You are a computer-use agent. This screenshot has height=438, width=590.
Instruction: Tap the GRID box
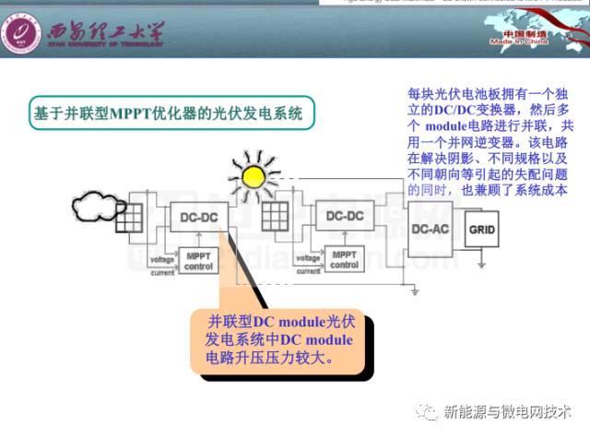tap(486, 228)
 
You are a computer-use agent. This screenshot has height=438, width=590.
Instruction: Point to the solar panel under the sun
tap(275, 218)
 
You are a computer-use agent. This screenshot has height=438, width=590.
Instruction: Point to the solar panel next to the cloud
tap(129, 218)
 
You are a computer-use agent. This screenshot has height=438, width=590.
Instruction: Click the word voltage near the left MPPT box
tap(162, 260)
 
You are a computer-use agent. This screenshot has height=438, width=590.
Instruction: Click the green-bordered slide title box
tap(168, 114)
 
